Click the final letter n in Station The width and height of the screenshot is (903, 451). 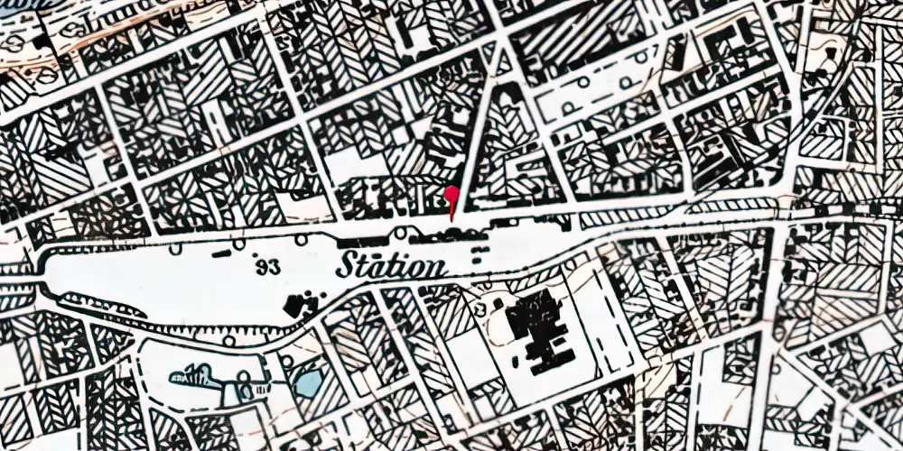(x=434, y=269)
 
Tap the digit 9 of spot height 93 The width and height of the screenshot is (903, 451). (x=261, y=266)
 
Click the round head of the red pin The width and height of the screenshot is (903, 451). (x=451, y=192)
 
